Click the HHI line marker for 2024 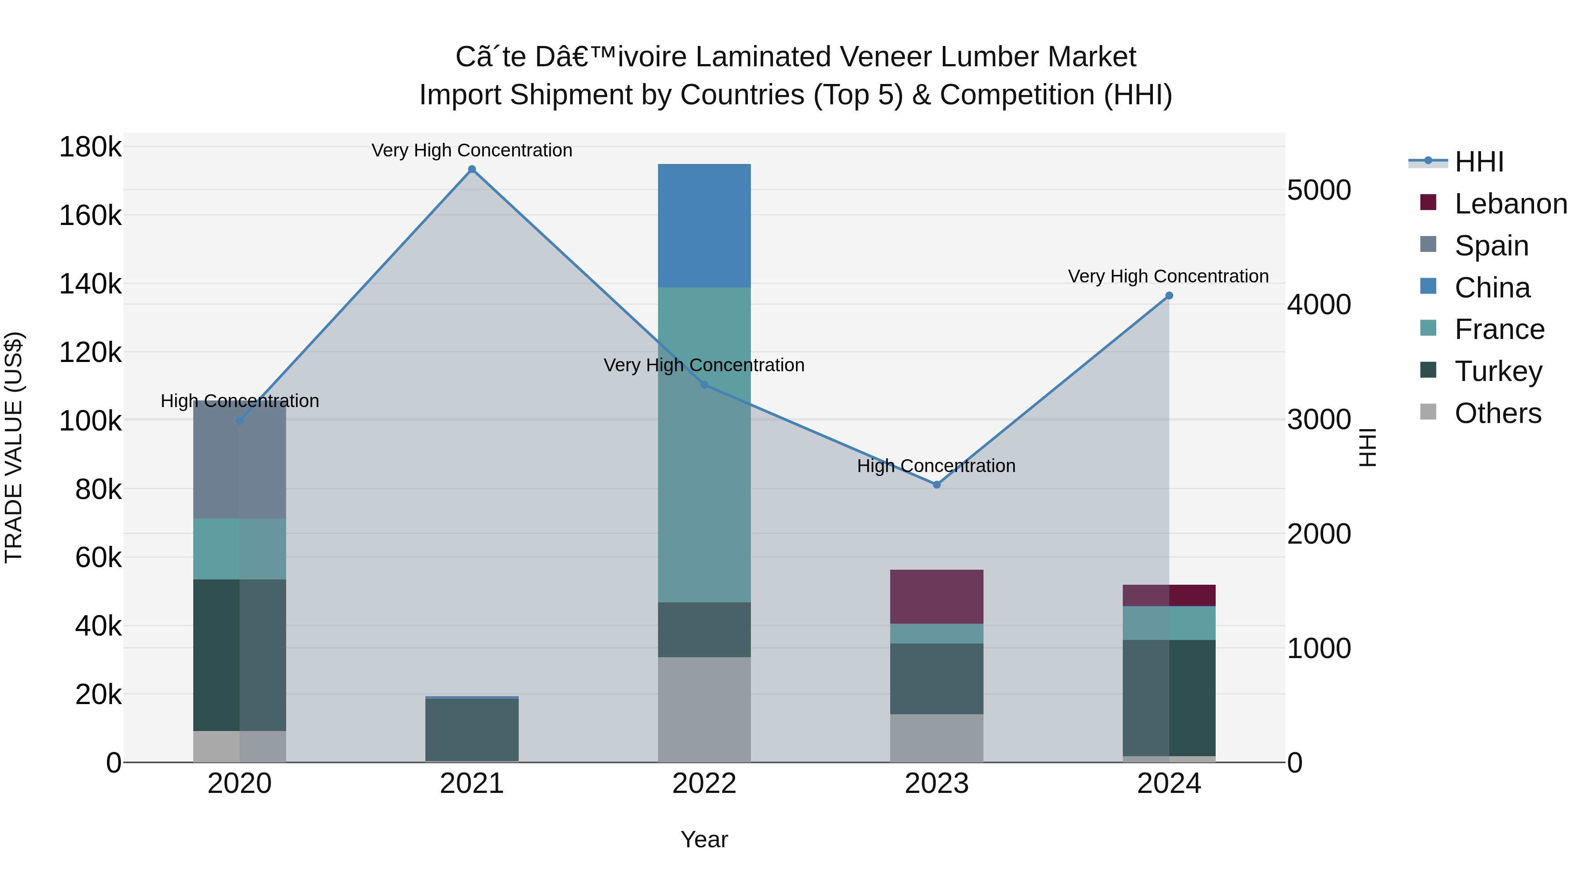click(1169, 296)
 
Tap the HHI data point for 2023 click(936, 485)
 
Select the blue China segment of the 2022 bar click(704, 225)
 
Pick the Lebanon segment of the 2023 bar click(936, 597)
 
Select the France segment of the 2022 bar click(704, 445)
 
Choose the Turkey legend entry click(1498, 371)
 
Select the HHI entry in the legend click(1479, 162)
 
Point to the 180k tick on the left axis click(90, 148)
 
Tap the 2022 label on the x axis click(704, 784)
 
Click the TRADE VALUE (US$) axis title click(14, 447)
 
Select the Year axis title click(704, 839)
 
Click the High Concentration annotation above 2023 click(936, 466)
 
